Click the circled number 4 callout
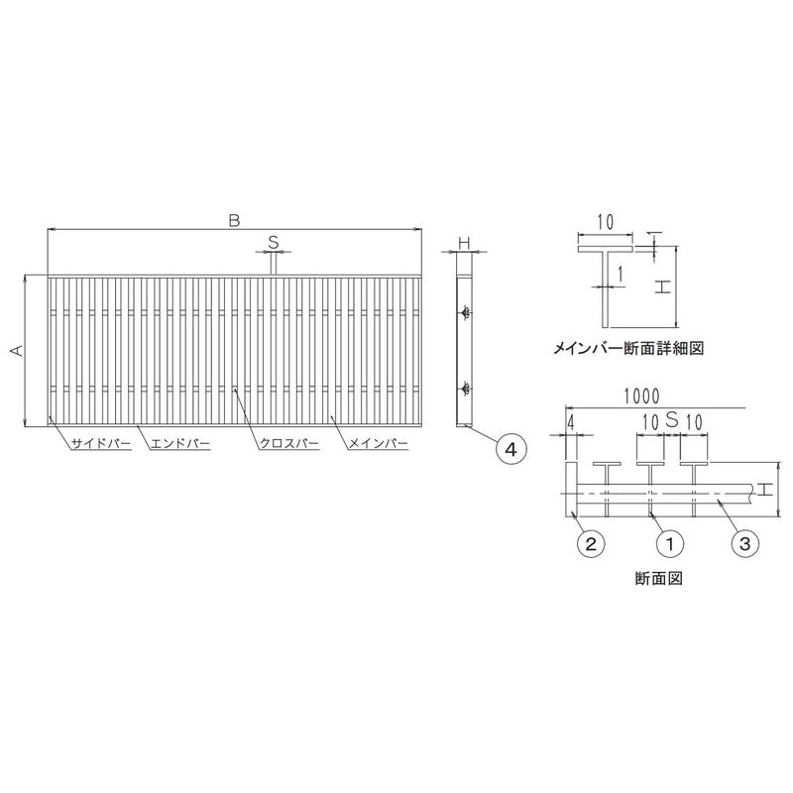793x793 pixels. (x=511, y=449)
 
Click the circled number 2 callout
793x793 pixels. (x=591, y=543)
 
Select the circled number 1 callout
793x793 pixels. (x=670, y=543)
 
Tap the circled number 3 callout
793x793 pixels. (x=745, y=543)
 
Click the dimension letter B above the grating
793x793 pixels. (x=234, y=220)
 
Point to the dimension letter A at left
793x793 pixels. (x=18, y=350)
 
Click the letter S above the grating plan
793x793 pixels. (x=274, y=243)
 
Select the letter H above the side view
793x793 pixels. (x=464, y=243)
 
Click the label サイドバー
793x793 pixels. (x=101, y=444)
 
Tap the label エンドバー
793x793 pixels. (x=180, y=444)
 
